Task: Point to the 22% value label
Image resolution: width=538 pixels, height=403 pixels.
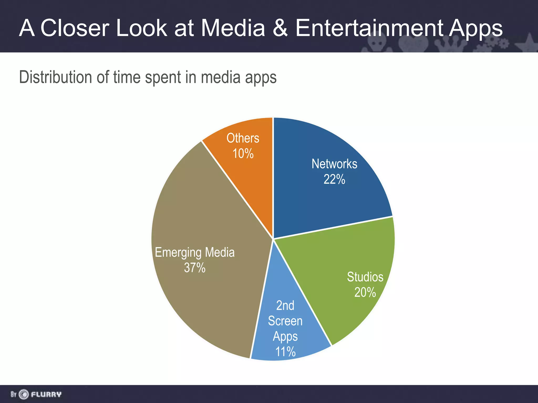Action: [334, 179]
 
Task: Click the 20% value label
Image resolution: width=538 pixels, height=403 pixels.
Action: [365, 292]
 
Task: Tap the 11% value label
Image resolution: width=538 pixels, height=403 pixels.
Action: [285, 352]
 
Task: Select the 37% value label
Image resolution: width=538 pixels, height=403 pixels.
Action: [195, 268]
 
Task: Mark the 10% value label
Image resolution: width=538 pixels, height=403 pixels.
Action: [243, 153]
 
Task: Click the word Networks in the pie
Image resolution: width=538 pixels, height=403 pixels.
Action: [334, 164]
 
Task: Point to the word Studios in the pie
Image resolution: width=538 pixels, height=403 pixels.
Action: [365, 277]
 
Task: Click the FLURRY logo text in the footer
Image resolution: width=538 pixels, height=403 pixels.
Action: [46, 394]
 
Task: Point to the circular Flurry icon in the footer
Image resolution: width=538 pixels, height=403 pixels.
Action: [24, 394]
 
